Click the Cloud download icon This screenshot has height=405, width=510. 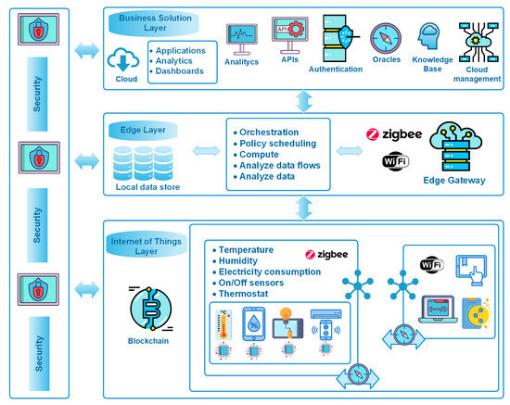pyautogui.click(x=123, y=59)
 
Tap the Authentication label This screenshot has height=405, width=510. pyautogui.click(x=337, y=69)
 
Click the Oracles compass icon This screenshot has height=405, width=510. pyautogui.click(x=385, y=39)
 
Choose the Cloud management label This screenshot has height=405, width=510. pyautogui.click(x=477, y=74)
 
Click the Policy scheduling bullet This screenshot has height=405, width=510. pyautogui.click(x=279, y=145)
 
